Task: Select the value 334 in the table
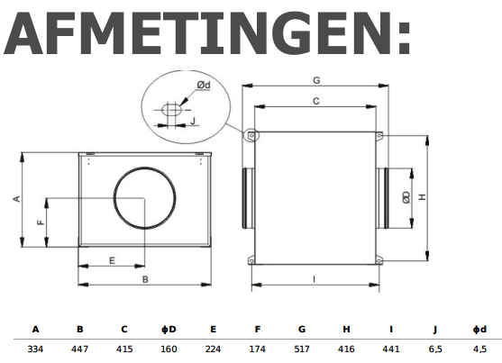click(35, 348)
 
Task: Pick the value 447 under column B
click(79, 348)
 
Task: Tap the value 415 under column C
click(124, 348)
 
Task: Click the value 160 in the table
click(169, 348)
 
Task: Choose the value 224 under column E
click(213, 348)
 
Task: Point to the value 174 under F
click(257, 348)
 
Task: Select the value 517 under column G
click(302, 348)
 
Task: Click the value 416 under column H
click(346, 348)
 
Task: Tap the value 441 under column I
click(391, 348)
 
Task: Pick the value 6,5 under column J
click(435, 348)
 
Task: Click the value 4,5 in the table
click(479, 348)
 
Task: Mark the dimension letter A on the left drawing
click(16, 198)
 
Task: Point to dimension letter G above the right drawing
click(315, 80)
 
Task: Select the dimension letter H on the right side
click(422, 196)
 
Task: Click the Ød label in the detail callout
click(205, 86)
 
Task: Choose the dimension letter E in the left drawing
click(111, 260)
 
